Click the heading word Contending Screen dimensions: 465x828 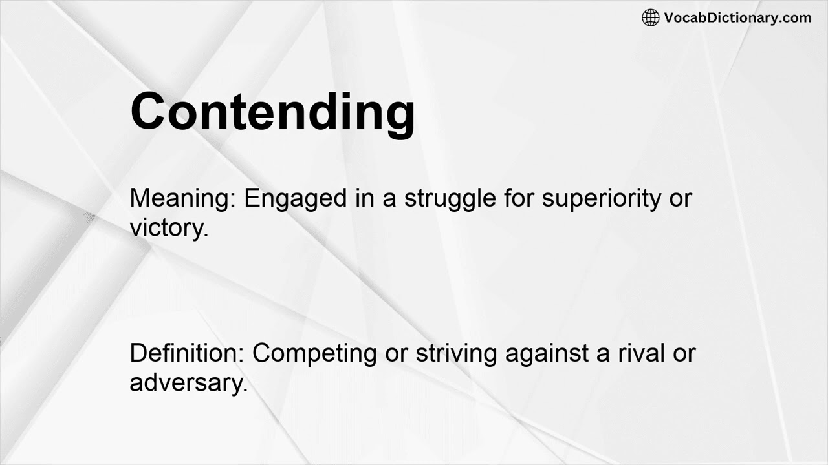point(272,111)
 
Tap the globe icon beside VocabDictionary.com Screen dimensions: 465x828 point(650,17)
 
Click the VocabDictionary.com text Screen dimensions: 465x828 point(737,17)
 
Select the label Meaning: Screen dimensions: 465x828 point(183,198)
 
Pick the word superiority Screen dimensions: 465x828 point(602,199)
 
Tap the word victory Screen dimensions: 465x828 point(168,228)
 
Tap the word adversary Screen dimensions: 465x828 point(188,383)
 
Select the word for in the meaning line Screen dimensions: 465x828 point(519,198)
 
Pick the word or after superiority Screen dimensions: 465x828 point(681,199)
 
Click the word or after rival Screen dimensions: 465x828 point(684,354)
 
